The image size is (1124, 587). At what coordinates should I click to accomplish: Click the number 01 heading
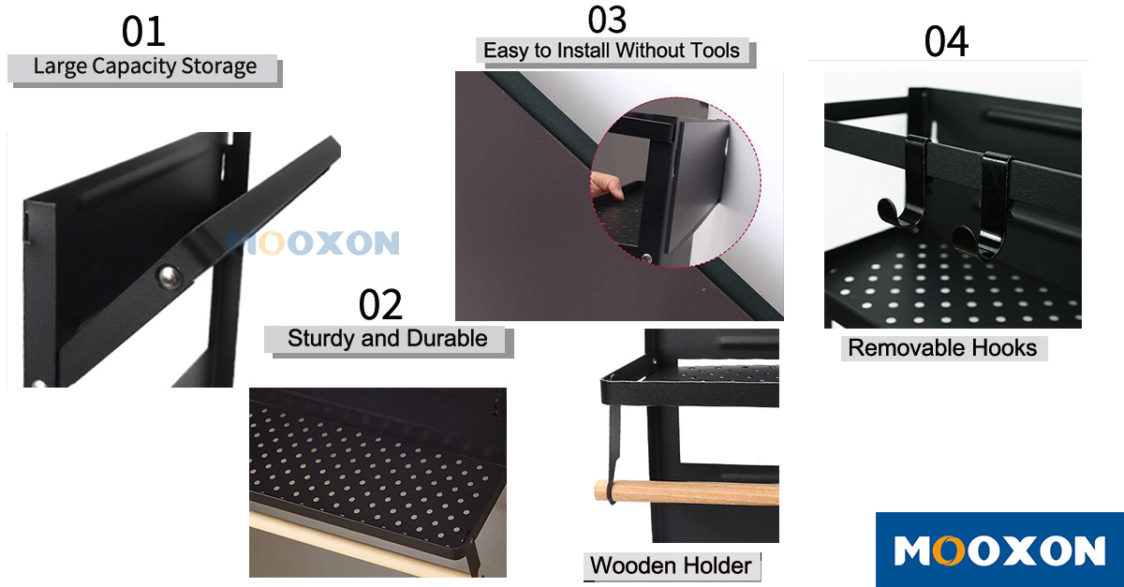143,32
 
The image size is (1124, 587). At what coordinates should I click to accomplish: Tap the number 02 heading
380,304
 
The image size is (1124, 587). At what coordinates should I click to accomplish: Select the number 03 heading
607,20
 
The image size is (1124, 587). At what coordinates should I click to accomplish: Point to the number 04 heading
946,41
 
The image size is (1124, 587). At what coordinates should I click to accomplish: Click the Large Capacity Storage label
145,66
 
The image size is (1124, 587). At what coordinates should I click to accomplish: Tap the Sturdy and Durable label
388,339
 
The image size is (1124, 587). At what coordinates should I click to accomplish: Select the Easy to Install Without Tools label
611,51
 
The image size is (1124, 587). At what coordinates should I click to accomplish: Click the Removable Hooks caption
942,348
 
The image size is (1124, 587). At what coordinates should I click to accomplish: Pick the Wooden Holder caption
671,565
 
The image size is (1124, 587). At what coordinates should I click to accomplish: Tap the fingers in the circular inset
606,186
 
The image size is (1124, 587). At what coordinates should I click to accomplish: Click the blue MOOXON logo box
999,550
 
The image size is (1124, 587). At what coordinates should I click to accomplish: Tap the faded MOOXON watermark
313,242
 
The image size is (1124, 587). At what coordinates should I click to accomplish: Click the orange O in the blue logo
948,550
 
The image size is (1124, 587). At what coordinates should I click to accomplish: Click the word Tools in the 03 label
715,51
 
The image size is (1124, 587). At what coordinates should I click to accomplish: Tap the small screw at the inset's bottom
647,258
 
